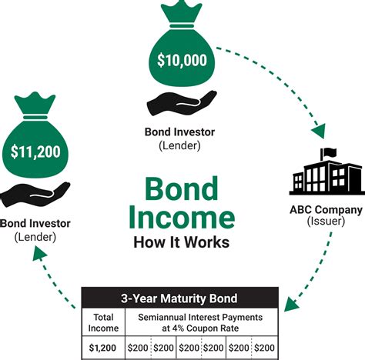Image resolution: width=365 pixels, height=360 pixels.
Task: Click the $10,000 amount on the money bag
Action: point(182,60)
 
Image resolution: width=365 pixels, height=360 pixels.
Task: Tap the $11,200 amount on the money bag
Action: point(35,152)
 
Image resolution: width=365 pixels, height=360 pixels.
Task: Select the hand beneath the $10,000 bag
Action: point(182,103)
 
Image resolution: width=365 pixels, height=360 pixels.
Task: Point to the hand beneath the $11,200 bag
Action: point(35,195)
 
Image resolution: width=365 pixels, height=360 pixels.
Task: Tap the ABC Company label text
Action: point(326,210)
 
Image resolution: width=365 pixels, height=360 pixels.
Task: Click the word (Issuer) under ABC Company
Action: point(326,221)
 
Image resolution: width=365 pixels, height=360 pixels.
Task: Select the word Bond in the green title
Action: point(182,189)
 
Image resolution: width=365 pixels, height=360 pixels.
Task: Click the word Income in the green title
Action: point(182,217)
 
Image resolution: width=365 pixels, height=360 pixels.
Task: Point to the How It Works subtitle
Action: point(182,242)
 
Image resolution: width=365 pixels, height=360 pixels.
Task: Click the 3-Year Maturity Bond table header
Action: point(179,298)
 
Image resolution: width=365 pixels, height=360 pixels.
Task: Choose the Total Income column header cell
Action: point(103,322)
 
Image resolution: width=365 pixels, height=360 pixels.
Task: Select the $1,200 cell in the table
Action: point(102,348)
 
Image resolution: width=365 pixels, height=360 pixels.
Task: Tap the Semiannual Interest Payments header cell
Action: point(200,322)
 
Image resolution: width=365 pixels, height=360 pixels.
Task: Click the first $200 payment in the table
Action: point(138,348)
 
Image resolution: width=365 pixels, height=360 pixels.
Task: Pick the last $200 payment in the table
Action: point(264,348)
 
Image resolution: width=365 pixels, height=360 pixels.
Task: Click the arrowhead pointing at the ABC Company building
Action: point(320,131)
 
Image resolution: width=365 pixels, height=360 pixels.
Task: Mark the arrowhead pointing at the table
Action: point(291,304)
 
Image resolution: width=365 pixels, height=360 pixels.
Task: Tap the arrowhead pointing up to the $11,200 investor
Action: point(39,253)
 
